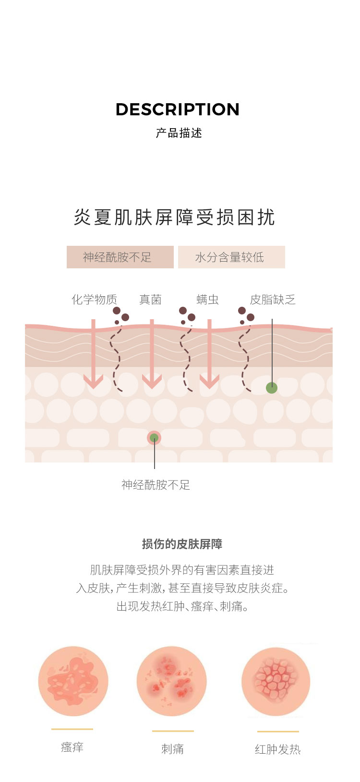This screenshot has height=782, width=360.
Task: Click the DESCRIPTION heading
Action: coord(178,109)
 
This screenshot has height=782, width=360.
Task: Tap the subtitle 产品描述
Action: coord(179,133)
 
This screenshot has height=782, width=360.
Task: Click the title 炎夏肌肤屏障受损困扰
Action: coord(174,217)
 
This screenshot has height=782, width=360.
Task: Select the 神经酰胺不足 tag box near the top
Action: coord(120,257)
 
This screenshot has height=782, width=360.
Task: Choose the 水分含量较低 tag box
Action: coord(231,257)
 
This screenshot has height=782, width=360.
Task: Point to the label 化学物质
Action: coord(95,300)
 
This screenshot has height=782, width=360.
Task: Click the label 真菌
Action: coord(150,300)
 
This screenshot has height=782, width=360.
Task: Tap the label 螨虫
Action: coord(207,300)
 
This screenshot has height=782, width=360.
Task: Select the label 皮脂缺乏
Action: coord(273,300)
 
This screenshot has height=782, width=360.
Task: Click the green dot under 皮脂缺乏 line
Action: coord(272,387)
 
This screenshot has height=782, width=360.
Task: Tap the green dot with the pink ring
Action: coord(154,438)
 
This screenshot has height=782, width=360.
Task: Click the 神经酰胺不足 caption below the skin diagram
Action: coord(156,485)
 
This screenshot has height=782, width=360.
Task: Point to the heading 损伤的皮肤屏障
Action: coord(182,544)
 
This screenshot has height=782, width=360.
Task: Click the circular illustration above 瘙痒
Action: coord(73,681)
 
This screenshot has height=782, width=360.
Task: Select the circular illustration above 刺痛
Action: coord(172,681)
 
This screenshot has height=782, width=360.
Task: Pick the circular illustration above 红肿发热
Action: coord(276,682)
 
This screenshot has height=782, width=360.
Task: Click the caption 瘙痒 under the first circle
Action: coord(72,747)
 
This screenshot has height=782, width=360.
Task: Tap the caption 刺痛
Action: coord(172,748)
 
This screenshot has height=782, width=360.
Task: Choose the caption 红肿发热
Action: coord(277,749)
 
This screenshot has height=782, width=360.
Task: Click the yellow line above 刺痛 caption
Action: coord(173,731)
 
